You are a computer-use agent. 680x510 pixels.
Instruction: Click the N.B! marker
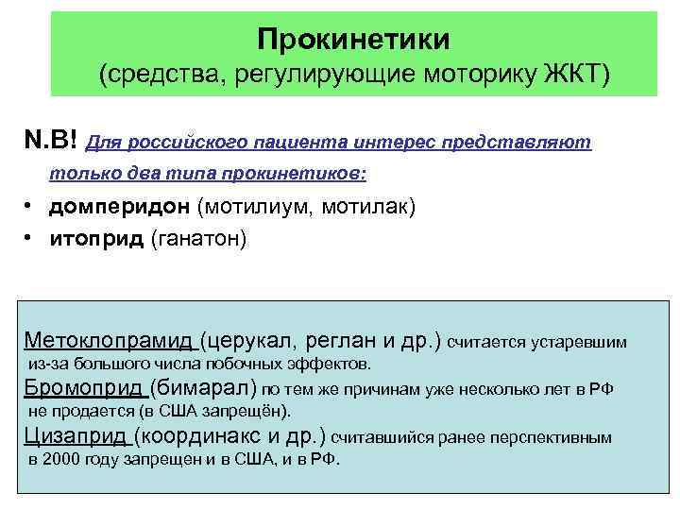pos(52,142)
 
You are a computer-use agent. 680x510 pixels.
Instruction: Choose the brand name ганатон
pos(198,239)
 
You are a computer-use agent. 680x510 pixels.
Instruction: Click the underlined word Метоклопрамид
pos(109,340)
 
